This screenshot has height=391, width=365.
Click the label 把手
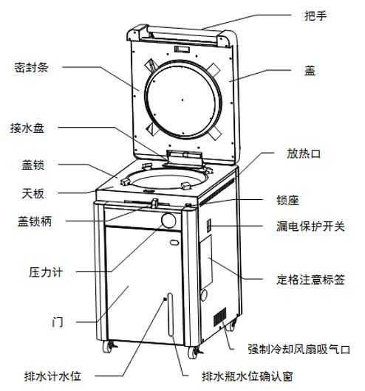coord(315,15)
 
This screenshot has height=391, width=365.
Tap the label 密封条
coord(31,68)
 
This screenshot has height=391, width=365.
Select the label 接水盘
coord(27,128)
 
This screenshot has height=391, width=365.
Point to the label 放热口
coord(304,153)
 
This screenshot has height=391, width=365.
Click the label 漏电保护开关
coord(310,226)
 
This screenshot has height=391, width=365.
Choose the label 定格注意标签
coord(310,280)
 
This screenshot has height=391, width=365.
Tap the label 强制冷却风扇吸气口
coord(299,349)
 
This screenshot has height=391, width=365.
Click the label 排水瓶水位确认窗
coord(248,376)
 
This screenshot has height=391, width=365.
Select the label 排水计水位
coord(52,376)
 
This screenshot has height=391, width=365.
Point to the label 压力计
coord(46,272)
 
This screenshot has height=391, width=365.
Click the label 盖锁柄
coord(35,221)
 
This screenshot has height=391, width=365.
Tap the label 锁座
coord(287,200)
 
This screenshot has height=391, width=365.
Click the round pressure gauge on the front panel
coord(168,221)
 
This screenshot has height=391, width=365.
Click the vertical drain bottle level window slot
coord(171,314)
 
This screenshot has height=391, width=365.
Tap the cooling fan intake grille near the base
coord(220,317)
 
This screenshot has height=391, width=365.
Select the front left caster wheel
coord(108,347)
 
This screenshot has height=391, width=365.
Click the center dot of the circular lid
coord(182,100)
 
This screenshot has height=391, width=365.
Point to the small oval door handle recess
coord(174,243)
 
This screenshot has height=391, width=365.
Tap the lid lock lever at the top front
coord(155,203)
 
